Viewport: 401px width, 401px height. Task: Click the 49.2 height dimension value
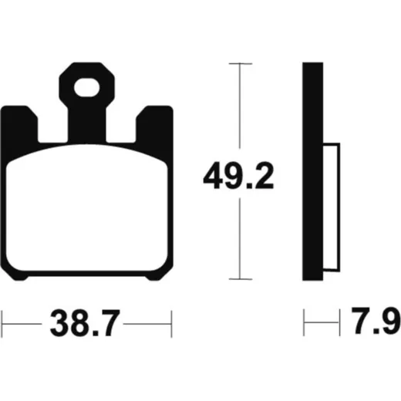[x=238, y=176]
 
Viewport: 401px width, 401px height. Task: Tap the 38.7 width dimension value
[x=85, y=323]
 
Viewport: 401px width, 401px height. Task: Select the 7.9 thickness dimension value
[x=376, y=321]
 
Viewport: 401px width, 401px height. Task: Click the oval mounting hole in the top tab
[x=86, y=88]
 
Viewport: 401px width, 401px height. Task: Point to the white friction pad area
[x=86, y=208]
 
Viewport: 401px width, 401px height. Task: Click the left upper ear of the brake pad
[x=19, y=123]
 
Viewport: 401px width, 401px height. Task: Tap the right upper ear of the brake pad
[x=154, y=123]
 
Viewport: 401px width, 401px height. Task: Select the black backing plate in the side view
[x=312, y=171]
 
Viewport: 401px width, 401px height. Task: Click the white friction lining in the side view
[x=332, y=207]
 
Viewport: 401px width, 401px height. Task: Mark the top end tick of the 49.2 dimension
[x=241, y=63]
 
